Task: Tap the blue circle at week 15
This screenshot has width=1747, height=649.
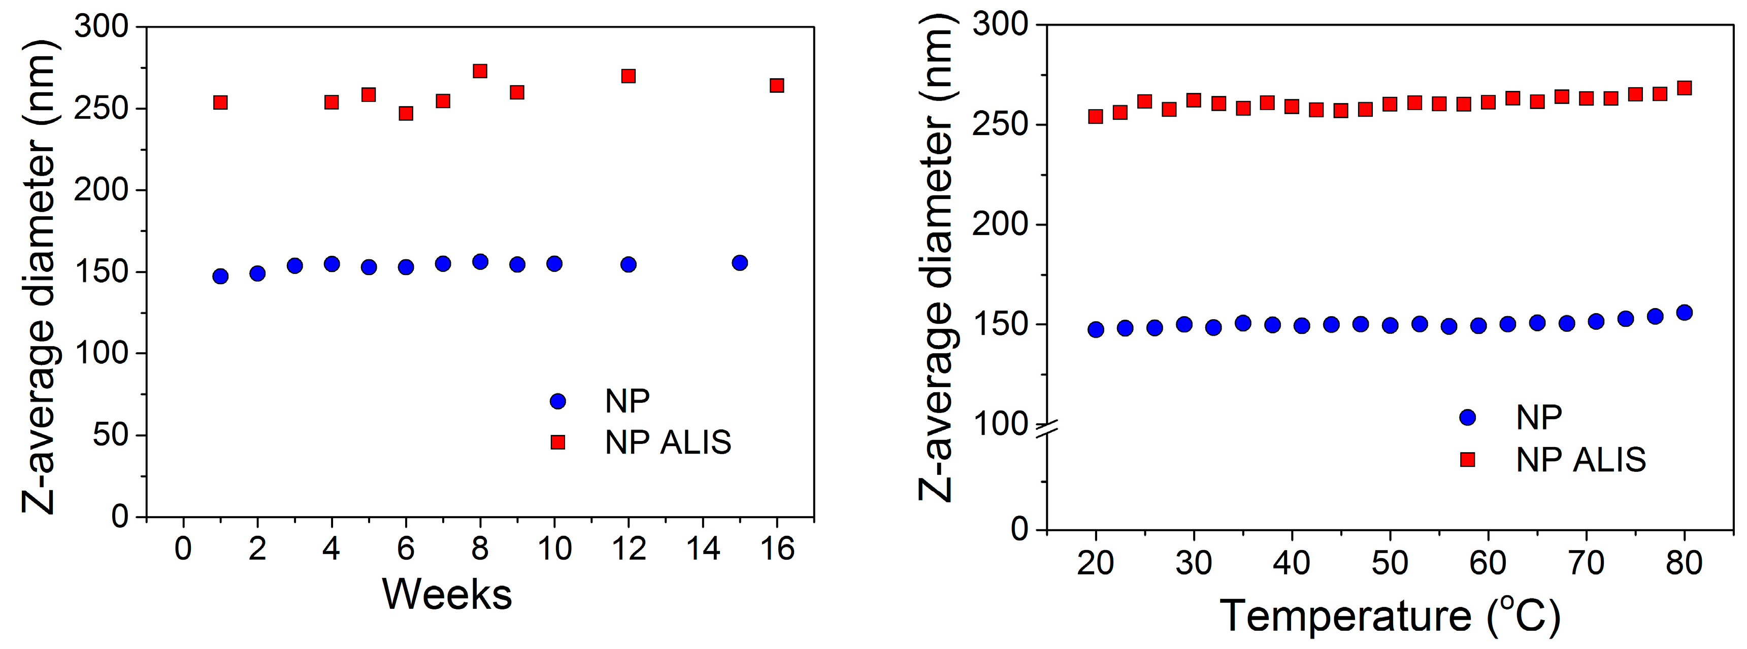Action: pyautogui.click(x=739, y=262)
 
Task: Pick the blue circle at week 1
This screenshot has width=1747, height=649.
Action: pyautogui.click(x=220, y=276)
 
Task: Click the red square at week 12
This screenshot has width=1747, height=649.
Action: pyautogui.click(x=628, y=76)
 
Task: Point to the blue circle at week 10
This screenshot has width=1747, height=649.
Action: pyautogui.click(x=554, y=264)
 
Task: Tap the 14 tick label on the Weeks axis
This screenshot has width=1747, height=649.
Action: pyautogui.click(x=703, y=549)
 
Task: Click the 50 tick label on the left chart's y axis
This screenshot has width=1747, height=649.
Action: pyautogui.click(x=111, y=435)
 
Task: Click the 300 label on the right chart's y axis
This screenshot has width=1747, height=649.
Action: pyautogui.click(x=1000, y=25)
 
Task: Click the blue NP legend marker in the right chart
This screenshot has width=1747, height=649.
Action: pyautogui.click(x=1467, y=417)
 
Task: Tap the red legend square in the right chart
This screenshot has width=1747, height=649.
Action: pyautogui.click(x=1467, y=460)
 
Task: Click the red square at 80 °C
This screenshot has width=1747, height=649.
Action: pyautogui.click(x=1684, y=88)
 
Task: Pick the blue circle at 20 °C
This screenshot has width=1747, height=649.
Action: pyautogui.click(x=1096, y=330)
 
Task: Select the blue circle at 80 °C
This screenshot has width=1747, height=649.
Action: pyautogui.click(x=1684, y=313)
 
